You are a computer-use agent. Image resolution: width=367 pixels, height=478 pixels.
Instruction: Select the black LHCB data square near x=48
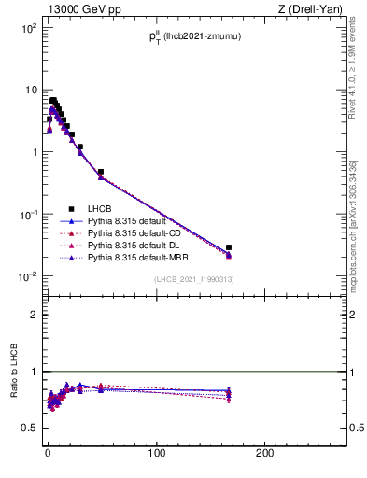(x=101, y=172)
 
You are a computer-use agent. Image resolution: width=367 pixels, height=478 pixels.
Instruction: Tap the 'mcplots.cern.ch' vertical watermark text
(x=355, y=233)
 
